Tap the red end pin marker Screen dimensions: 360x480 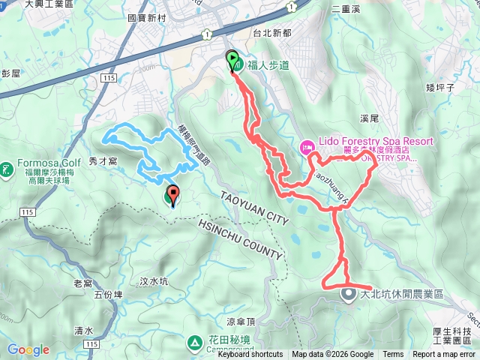coord(172,196)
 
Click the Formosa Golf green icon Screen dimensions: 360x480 coord(6,169)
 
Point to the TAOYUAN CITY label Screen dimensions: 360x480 coord(254,208)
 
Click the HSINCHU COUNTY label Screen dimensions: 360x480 coord(240,240)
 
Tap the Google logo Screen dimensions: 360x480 coord(28,349)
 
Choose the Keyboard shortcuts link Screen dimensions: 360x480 coord(250,355)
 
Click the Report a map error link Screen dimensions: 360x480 coord(444,355)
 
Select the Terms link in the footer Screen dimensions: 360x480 coord(393,355)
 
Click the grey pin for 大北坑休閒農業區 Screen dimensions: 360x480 coord(349,294)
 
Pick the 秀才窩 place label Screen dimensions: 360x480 coord(103,160)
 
